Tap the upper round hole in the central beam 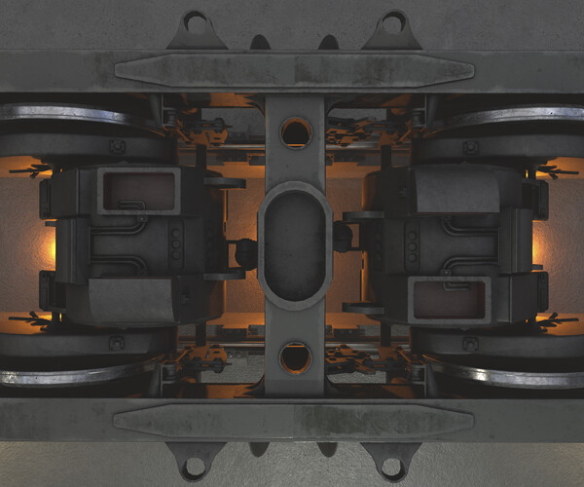pos(295,131)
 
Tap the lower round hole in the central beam pos(295,357)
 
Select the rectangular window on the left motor pos(138,189)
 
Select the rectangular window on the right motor pos(450,296)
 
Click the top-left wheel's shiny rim pos(68,114)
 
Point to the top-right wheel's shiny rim pos(516,115)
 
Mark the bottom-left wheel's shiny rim pos(68,373)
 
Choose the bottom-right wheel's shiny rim pos(516,373)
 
